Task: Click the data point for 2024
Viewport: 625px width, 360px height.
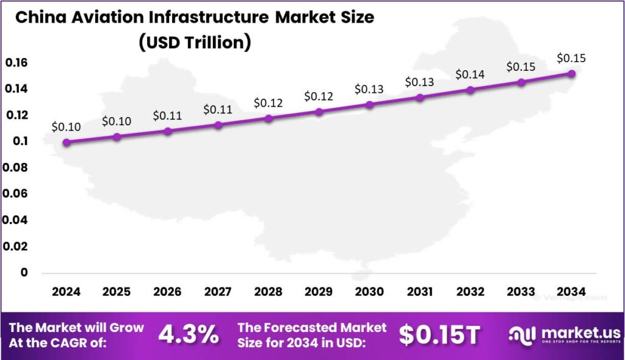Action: tap(67, 142)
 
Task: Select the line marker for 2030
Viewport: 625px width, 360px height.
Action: tap(369, 104)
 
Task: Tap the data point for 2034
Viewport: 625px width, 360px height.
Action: tap(571, 73)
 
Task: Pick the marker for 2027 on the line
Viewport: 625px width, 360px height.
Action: tap(218, 125)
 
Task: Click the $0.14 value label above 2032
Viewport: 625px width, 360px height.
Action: tap(470, 74)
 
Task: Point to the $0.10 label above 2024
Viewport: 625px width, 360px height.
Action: tap(66, 127)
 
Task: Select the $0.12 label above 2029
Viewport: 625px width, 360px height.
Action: tap(319, 96)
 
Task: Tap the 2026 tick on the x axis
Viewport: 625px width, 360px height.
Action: tap(167, 292)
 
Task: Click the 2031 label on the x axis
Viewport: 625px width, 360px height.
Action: tap(420, 292)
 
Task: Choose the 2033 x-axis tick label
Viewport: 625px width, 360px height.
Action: tap(521, 292)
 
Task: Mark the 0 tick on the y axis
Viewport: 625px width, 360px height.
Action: tap(24, 273)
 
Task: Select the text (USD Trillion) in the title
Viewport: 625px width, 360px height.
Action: tap(194, 44)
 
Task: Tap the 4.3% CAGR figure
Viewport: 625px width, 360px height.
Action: tap(189, 334)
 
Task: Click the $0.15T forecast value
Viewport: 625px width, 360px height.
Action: tap(439, 334)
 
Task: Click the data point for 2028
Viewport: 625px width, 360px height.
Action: tap(269, 118)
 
